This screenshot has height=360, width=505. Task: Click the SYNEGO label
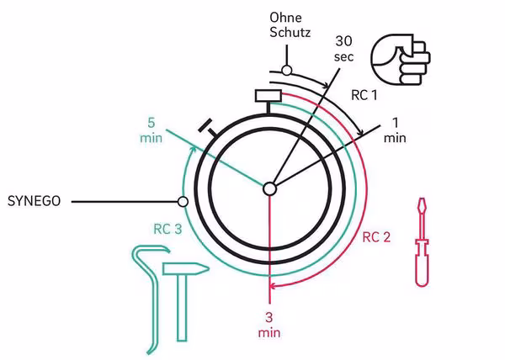[x=34, y=202]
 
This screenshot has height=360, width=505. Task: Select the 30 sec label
[x=343, y=49]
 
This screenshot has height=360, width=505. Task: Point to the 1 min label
[x=394, y=130]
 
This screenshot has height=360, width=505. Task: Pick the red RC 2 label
[x=376, y=236]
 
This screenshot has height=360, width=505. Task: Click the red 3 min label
[x=268, y=325]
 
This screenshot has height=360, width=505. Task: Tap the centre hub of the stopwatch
[x=268, y=188]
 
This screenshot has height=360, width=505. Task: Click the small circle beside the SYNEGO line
[x=183, y=202]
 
